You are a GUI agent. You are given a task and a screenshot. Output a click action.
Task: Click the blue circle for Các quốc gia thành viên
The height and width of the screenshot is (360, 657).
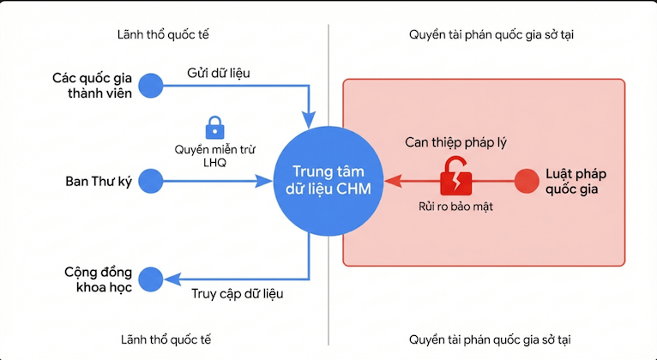pos(151,85)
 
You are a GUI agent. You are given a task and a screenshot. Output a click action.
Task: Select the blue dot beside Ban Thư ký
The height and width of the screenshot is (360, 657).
pos(151,181)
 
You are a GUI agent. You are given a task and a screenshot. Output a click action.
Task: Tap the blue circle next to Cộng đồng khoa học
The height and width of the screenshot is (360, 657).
pos(151,279)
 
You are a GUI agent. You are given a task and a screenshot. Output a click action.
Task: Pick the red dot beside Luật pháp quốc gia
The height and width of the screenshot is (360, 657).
pos(526,181)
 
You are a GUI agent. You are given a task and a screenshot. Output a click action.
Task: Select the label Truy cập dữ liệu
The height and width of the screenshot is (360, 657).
pos(237,293)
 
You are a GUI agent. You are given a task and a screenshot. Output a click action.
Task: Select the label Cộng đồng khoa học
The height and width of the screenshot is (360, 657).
pos(96,279)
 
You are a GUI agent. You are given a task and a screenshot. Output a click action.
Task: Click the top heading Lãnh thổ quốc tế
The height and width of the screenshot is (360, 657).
pos(164,35)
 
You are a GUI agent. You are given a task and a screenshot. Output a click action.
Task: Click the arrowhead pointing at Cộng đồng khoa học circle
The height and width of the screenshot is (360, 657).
pos(172,279)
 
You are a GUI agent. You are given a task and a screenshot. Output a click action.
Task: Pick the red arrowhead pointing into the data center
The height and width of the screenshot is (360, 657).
pos(390,181)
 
